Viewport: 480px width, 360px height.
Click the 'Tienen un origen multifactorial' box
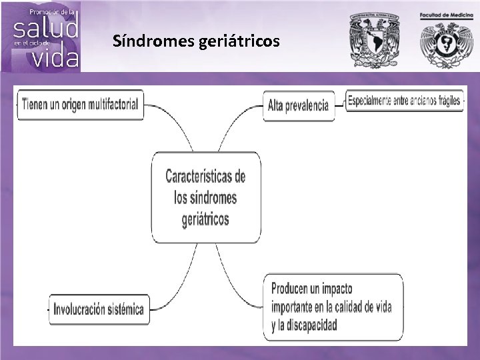click(x=80, y=104)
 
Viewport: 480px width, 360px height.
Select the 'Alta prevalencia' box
click(x=299, y=105)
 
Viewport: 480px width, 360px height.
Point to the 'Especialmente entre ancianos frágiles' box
click(x=404, y=101)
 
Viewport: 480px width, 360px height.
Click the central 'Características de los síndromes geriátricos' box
click(x=205, y=197)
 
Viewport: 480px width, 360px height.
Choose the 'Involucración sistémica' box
click(x=99, y=309)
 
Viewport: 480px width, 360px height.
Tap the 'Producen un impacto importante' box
click(x=332, y=307)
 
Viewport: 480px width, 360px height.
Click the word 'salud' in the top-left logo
click(x=45, y=28)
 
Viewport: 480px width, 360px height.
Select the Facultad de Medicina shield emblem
click(x=445, y=44)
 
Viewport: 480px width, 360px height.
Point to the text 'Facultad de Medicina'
click(x=445, y=15)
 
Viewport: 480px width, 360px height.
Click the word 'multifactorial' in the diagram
click(x=113, y=104)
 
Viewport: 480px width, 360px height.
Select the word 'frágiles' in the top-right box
click(x=447, y=101)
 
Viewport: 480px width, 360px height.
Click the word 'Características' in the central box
click(x=205, y=177)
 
